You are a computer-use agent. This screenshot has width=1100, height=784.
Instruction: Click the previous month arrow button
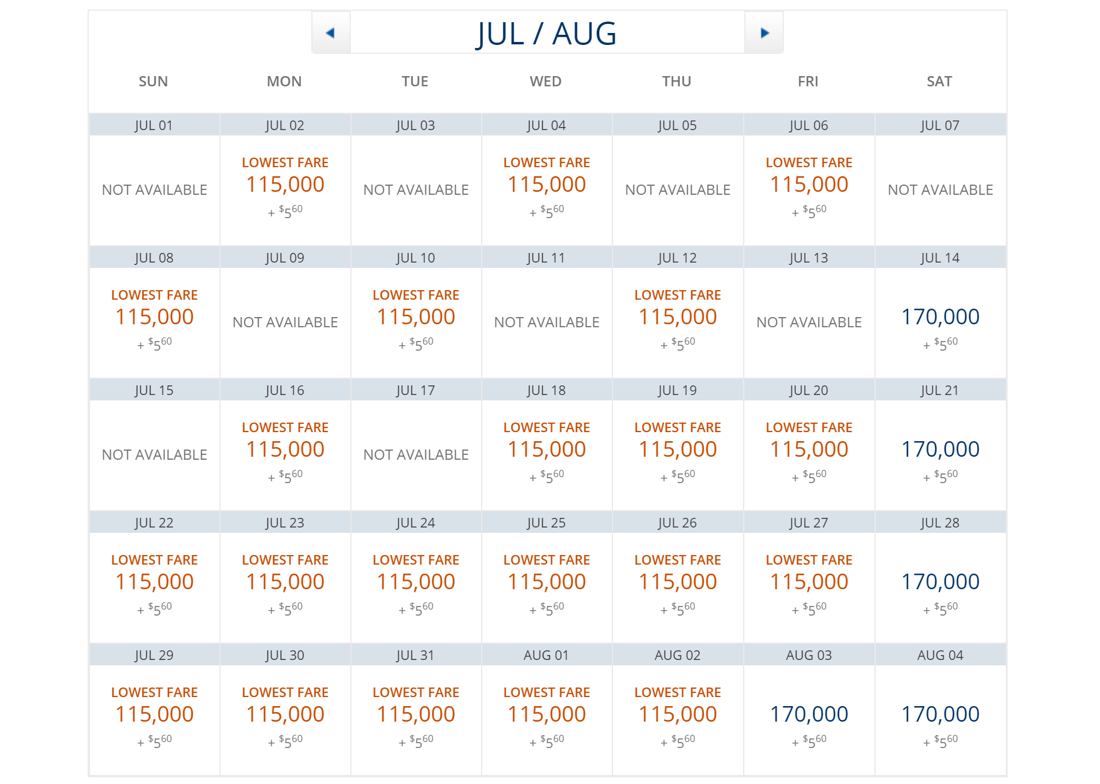click(x=330, y=33)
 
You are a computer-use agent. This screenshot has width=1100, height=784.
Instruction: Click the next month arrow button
click(x=764, y=33)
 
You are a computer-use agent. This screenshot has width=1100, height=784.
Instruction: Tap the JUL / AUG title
click(x=546, y=34)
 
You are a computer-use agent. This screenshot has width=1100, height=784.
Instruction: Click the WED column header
click(x=546, y=82)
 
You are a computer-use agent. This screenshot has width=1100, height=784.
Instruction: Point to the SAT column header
click(x=939, y=82)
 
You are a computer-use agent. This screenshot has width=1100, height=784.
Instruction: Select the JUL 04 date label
click(x=546, y=125)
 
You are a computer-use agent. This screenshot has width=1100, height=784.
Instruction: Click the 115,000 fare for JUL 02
click(x=285, y=185)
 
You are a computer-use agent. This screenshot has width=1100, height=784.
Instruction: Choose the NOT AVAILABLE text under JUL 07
click(x=940, y=190)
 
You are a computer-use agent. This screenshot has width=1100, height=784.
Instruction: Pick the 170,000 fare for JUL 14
click(x=940, y=317)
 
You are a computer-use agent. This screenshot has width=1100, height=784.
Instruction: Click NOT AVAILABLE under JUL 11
click(x=546, y=322)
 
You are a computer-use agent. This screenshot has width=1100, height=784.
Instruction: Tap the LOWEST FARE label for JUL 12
click(x=678, y=295)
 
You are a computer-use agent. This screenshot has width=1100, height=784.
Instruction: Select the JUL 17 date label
click(x=415, y=390)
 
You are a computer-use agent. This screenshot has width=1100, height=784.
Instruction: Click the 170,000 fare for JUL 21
click(x=940, y=450)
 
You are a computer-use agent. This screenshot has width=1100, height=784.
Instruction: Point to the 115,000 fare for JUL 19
click(x=678, y=450)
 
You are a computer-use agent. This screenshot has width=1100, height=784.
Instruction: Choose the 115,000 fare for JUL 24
click(x=416, y=582)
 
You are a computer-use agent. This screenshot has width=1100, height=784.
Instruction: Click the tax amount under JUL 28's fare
click(x=940, y=608)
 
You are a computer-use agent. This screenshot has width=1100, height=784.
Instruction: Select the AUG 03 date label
click(x=809, y=655)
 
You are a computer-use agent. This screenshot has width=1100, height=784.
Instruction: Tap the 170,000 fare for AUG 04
click(x=940, y=714)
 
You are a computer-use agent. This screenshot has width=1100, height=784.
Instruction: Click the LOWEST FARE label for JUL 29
click(x=154, y=692)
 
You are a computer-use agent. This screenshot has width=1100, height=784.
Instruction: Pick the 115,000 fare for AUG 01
click(x=546, y=714)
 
